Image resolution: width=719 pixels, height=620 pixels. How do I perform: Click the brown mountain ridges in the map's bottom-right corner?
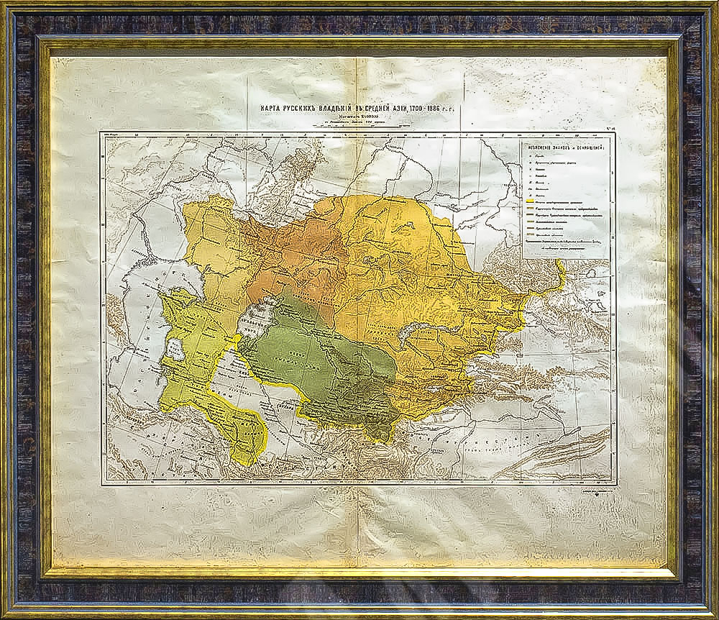coord(568,450)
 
